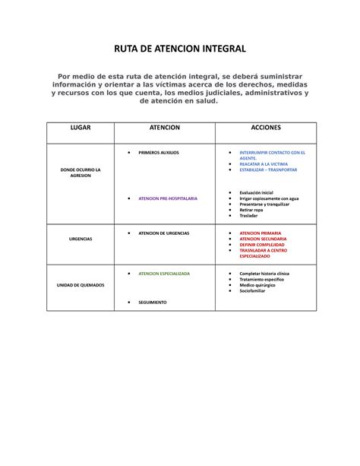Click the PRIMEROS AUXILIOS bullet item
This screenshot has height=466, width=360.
[x=158, y=152]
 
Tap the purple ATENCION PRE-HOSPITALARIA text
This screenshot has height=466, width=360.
[x=167, y=198]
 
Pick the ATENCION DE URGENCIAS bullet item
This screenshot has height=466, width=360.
[x=163, y=233]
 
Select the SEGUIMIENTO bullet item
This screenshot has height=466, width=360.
[x=152, y=303]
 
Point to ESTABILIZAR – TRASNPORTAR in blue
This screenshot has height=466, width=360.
[x=268, y=170]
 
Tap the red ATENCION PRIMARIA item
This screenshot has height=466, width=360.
[x=260, y=233]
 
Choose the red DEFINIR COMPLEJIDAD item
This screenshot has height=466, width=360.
[x=263, y=245]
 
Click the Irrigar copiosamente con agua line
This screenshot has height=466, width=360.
[x=269, y=198]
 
